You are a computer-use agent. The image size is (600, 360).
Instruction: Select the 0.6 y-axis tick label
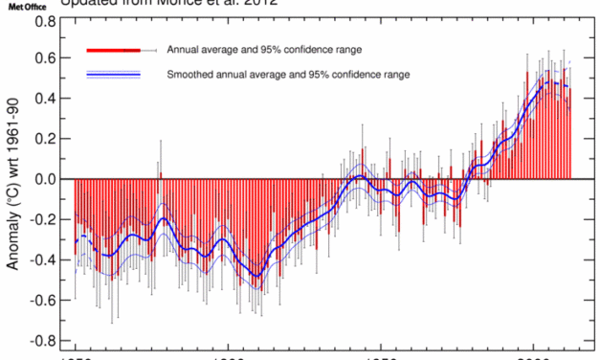[44, 58]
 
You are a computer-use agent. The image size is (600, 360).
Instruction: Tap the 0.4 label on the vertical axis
[44, 99]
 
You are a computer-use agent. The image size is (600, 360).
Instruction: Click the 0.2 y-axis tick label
[44, 139]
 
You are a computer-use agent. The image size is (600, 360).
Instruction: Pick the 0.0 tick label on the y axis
[44, 179]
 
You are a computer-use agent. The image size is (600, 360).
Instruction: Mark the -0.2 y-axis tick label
[41, 219]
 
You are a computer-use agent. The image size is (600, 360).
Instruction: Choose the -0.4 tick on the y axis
[41, 259]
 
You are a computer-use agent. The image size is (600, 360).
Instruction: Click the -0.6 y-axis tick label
[41, 300]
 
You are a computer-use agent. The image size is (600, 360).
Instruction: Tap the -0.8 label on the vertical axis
[41, 340]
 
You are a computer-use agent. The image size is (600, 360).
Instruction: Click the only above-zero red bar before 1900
[161, 175]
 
